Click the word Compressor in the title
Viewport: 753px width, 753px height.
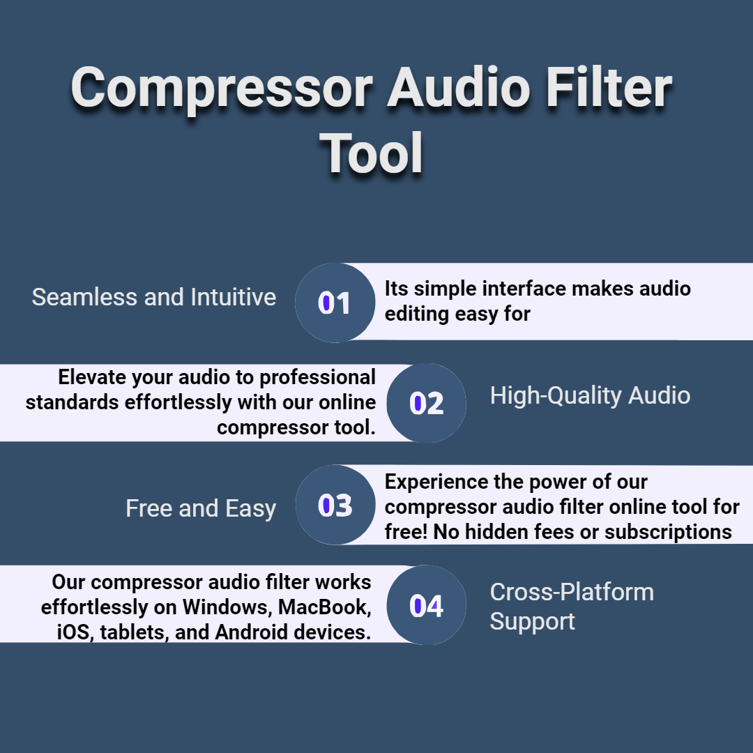click(222, 89)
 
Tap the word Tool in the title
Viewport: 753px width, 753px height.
click(371, 153)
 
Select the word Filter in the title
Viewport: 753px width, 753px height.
click(609, 87)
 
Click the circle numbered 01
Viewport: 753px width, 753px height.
click(335, 303)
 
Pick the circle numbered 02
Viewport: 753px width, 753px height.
click(427, 403)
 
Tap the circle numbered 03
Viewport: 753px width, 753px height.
click(335, 505)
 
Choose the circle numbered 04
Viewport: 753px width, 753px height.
click(427, 605)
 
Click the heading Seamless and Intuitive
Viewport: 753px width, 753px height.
click(154, 297)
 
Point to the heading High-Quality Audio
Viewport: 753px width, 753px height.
click(591, 396)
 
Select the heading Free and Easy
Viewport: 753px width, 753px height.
click(201, 508)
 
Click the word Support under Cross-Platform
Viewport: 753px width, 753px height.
click(532, 622)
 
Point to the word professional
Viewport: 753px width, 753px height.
click(317, 378)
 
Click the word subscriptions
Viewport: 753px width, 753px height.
click(668, 532)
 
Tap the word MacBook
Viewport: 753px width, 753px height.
click(325, 607)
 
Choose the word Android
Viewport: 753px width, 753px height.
click(252, 632)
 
